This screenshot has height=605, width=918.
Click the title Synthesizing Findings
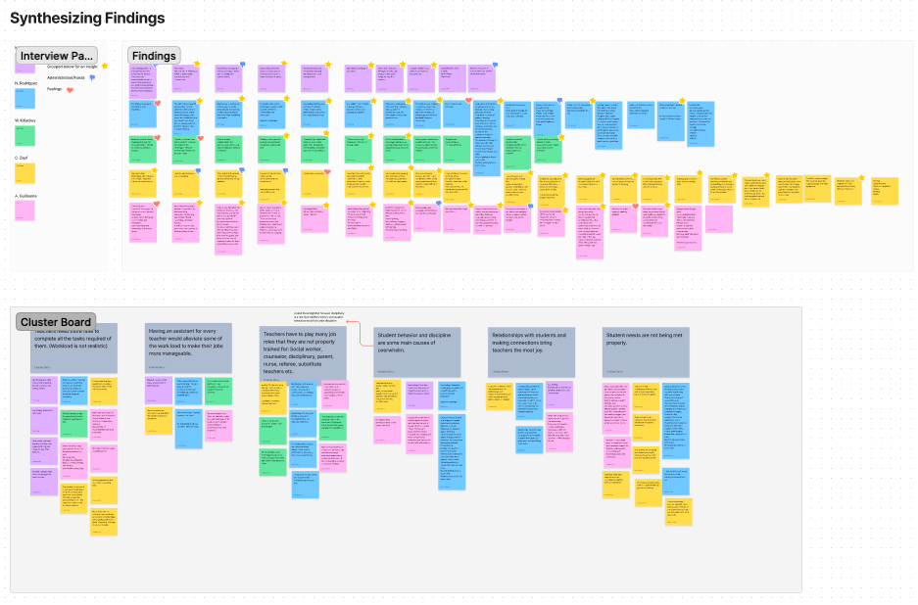pos(87,18)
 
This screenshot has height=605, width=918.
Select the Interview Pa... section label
pos(57,56)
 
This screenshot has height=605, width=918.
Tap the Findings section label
pos(154,56)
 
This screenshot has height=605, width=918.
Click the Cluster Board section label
pos(56,322)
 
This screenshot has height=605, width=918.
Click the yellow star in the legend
pos(105,67)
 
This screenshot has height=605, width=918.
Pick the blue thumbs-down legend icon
pos(92,77)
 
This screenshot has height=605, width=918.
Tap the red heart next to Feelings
pos(70,89)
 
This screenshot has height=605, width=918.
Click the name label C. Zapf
pos(21,157)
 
